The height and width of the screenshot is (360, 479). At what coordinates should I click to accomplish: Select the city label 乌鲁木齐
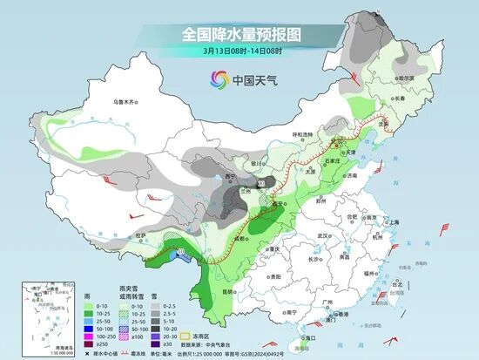coord(126,102)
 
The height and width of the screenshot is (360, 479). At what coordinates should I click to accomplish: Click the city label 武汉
coord(325,235)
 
